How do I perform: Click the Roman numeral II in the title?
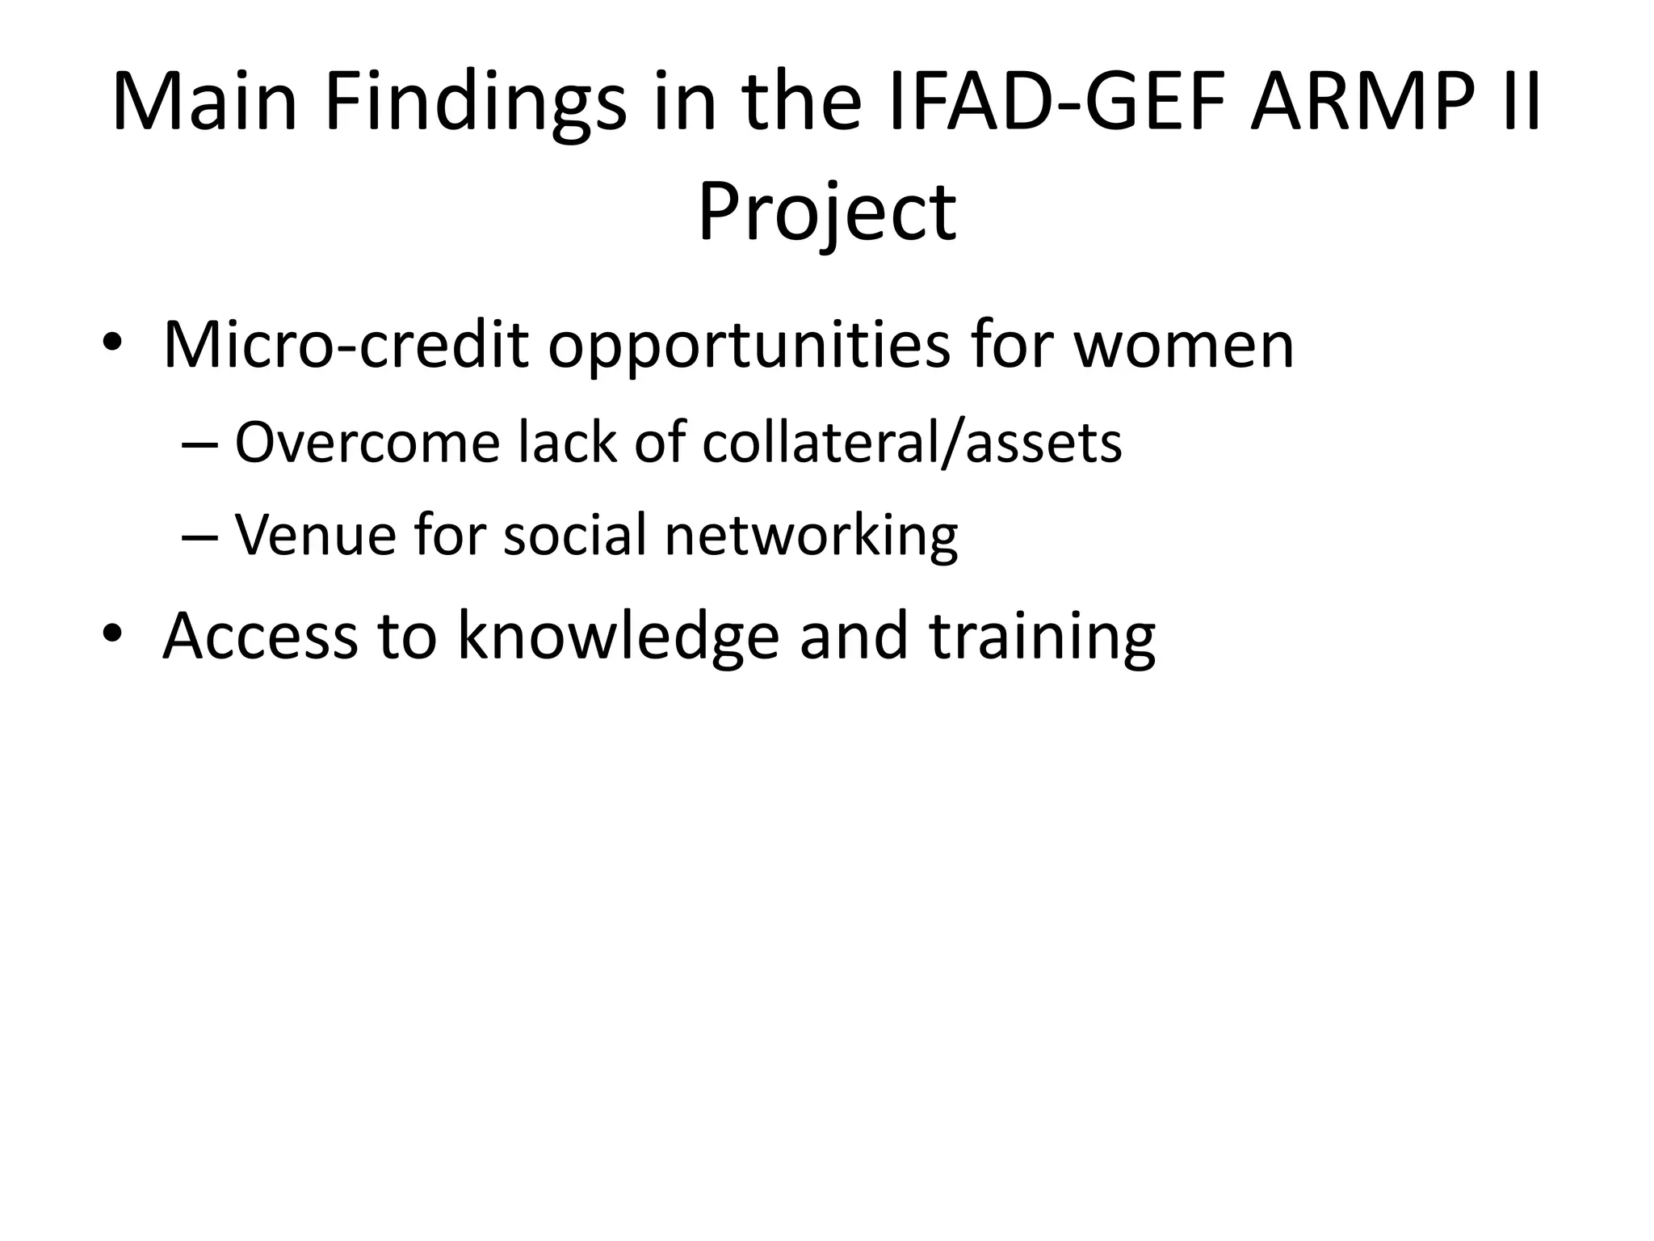coord(1518,103)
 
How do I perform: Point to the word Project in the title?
coord(827,213)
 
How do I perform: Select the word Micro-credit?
coord(346,345)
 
